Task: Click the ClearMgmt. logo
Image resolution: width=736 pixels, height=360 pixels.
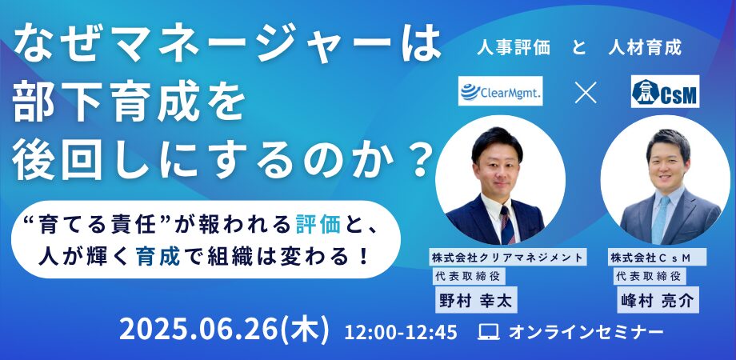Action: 500,91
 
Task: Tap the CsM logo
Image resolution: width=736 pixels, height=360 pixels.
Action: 665,91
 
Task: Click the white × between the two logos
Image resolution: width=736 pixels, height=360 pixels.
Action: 586,93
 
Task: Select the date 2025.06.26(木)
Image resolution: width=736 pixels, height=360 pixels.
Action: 225,330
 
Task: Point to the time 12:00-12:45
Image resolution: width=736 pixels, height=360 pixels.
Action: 400,332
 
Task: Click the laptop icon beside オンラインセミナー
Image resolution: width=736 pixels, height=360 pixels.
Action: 488,333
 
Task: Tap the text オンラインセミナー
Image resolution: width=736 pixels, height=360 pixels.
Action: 586,333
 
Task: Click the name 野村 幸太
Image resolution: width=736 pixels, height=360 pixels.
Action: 476,300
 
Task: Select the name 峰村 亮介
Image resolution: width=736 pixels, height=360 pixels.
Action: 658,300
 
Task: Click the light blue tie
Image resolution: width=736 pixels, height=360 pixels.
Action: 661,218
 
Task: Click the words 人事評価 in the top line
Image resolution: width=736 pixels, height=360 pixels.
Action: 514,48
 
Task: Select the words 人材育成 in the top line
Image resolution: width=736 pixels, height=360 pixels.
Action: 645,48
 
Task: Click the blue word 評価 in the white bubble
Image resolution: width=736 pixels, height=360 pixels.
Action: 318,226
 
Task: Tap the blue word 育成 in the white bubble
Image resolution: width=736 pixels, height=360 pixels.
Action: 158,258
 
